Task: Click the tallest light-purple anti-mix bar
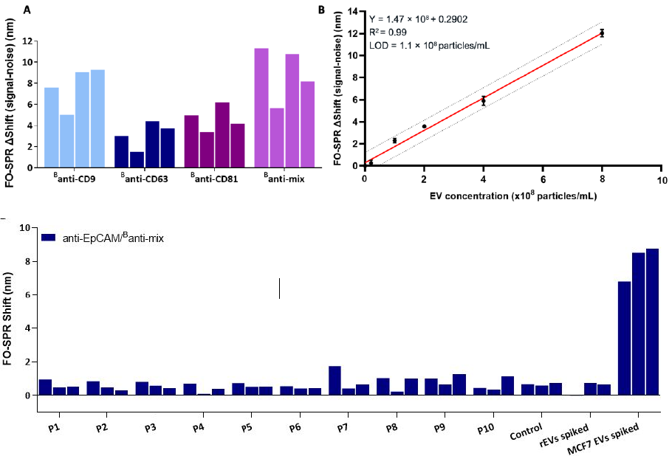(x=261, y=108)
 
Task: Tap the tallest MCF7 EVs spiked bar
(x=652, y=322)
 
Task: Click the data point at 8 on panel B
(x=602, y=32)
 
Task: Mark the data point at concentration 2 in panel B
(x=424, y=126)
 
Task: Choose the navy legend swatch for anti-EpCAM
(x=49, y=238)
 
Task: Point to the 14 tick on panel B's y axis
(x=352, y=13)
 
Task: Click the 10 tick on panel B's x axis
(x=661, y=180)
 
